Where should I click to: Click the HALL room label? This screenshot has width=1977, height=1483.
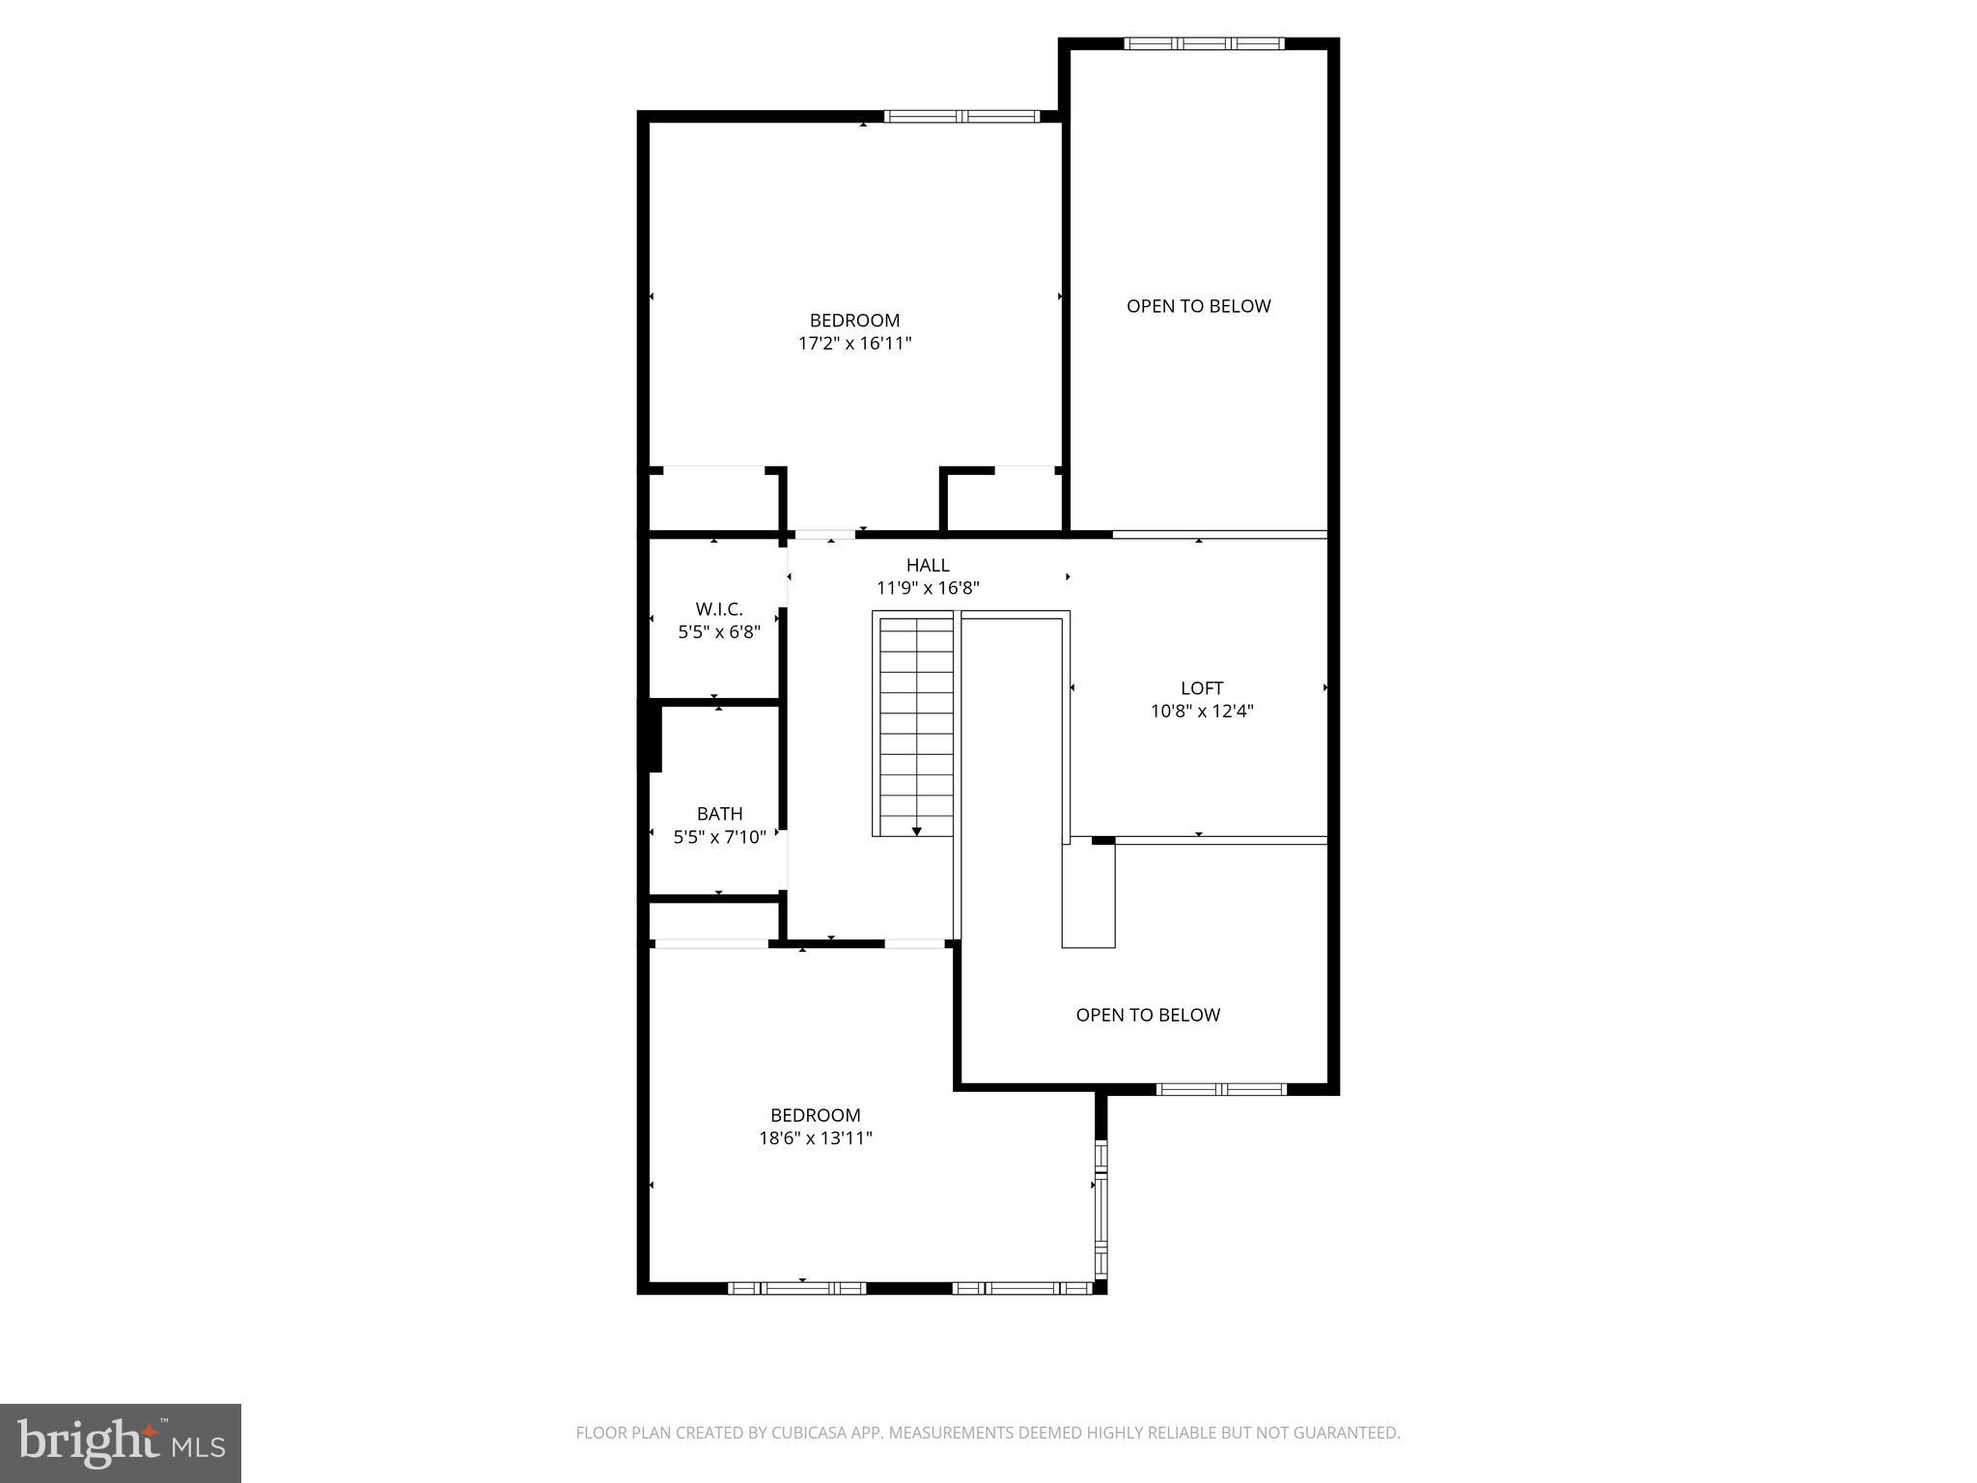click(x=927, y=565)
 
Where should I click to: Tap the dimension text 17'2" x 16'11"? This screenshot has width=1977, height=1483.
click(x=854, y=343)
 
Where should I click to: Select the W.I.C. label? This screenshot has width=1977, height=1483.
click(x=719, y=609)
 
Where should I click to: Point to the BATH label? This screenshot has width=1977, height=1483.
click(x=719, y=814)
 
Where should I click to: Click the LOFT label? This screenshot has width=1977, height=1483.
click(x=1202, y=688)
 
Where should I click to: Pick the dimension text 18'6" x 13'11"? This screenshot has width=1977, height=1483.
click(x=815, y=1138)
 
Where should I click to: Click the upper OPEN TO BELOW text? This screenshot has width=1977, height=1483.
click(x=1198, y=306)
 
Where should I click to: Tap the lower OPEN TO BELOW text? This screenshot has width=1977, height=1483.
click(x=1148, y=1015)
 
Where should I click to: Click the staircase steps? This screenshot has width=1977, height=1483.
click(x=915, y=714)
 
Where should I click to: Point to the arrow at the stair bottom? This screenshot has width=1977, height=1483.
click(x=916, y=830)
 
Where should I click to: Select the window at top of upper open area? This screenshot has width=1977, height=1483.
click(x=1204, y=43)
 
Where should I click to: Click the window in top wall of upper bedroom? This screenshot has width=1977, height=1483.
click(x=961, y=117)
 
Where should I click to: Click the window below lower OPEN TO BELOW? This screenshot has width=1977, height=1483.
click(x=1221, y=1089)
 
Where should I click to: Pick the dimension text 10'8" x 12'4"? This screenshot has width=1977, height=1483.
click(x=1202, y=712)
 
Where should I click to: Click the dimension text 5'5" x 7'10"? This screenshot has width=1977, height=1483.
click(x=719, y=837)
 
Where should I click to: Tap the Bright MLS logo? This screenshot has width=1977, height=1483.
click(x=121, y=1443)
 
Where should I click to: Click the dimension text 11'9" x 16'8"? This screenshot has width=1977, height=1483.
click(x=928, y=588)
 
